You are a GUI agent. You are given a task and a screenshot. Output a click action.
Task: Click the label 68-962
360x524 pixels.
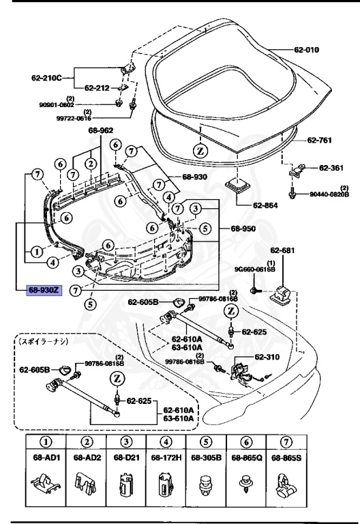[x=100, y=130]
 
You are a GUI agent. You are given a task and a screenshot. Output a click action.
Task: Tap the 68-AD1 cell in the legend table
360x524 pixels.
[x=42, y=455]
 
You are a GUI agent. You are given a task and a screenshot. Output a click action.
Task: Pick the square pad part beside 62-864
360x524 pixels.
[x=239, y=187]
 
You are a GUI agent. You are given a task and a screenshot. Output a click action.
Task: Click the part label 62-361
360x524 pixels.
[x=331, y=167]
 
